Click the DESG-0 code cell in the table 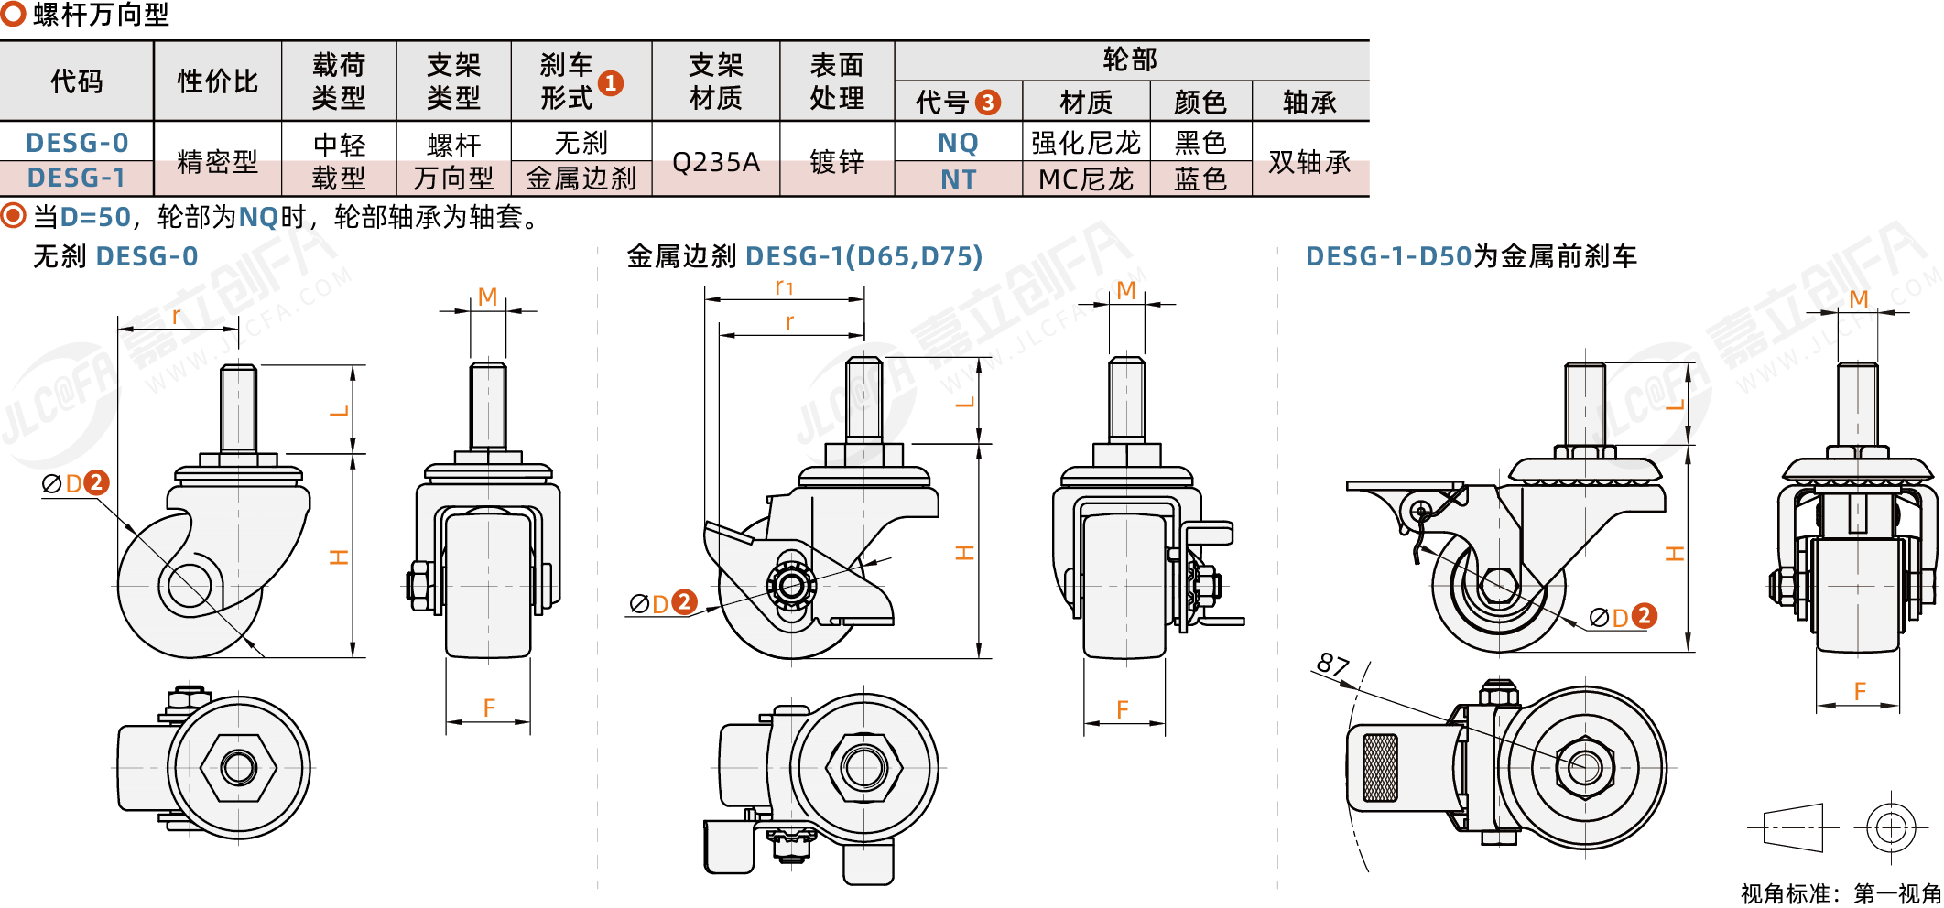[77, 143]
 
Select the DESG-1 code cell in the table [77, 178]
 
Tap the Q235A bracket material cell [715, 162]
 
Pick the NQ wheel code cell [958, 143]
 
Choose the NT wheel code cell [958, 179]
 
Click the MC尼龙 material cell [1086, 179]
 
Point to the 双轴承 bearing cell [1309, 162]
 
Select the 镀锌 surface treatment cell [836, 162]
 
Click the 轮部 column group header [1130, 60]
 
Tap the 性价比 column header [217, 81]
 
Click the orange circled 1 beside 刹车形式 [611, 83]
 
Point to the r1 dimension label [784, 287]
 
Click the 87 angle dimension [1333, 665]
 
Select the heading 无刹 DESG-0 [115, 256]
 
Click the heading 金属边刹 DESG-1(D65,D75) [804, 256]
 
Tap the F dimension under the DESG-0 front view [489, 708]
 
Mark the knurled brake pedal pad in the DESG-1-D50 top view [1380, 767]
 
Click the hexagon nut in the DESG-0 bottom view [238, 767]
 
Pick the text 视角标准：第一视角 [1841, 893]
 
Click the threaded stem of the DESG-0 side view [238, 406]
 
